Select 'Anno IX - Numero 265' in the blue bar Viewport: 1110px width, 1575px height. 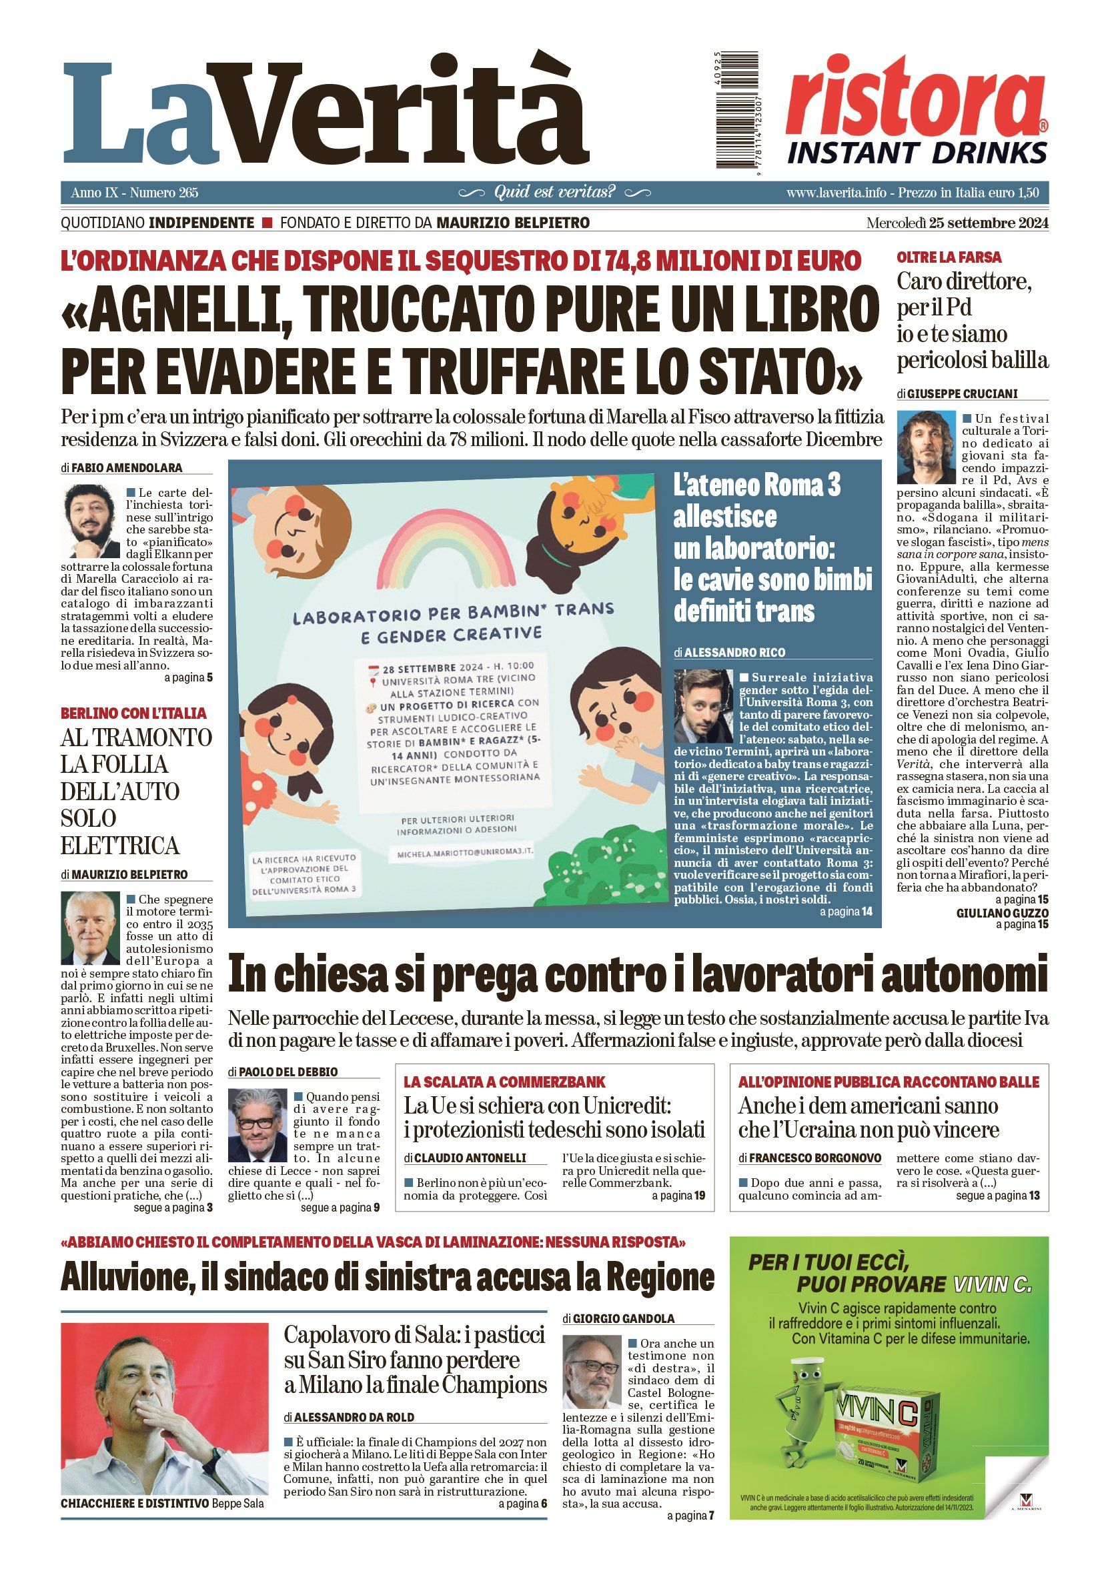tap(135, 193)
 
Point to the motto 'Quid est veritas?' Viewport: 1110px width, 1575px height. tap(554, 192)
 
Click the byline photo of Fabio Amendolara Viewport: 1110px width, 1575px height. tap(91, 521)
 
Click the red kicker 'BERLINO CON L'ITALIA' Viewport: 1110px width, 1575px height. tap(133, 713)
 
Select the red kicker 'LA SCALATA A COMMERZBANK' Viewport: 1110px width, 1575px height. tap(504, 1082)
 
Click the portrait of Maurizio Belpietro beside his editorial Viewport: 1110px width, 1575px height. tap(91, 928)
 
